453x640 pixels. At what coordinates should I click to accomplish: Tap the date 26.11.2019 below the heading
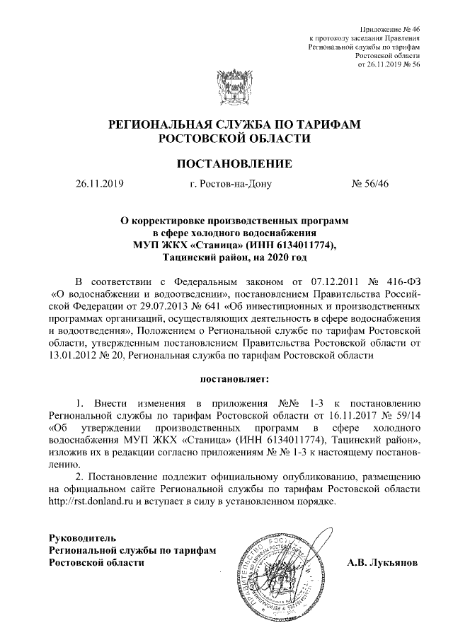pyautogui.click(x=99, y=185)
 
